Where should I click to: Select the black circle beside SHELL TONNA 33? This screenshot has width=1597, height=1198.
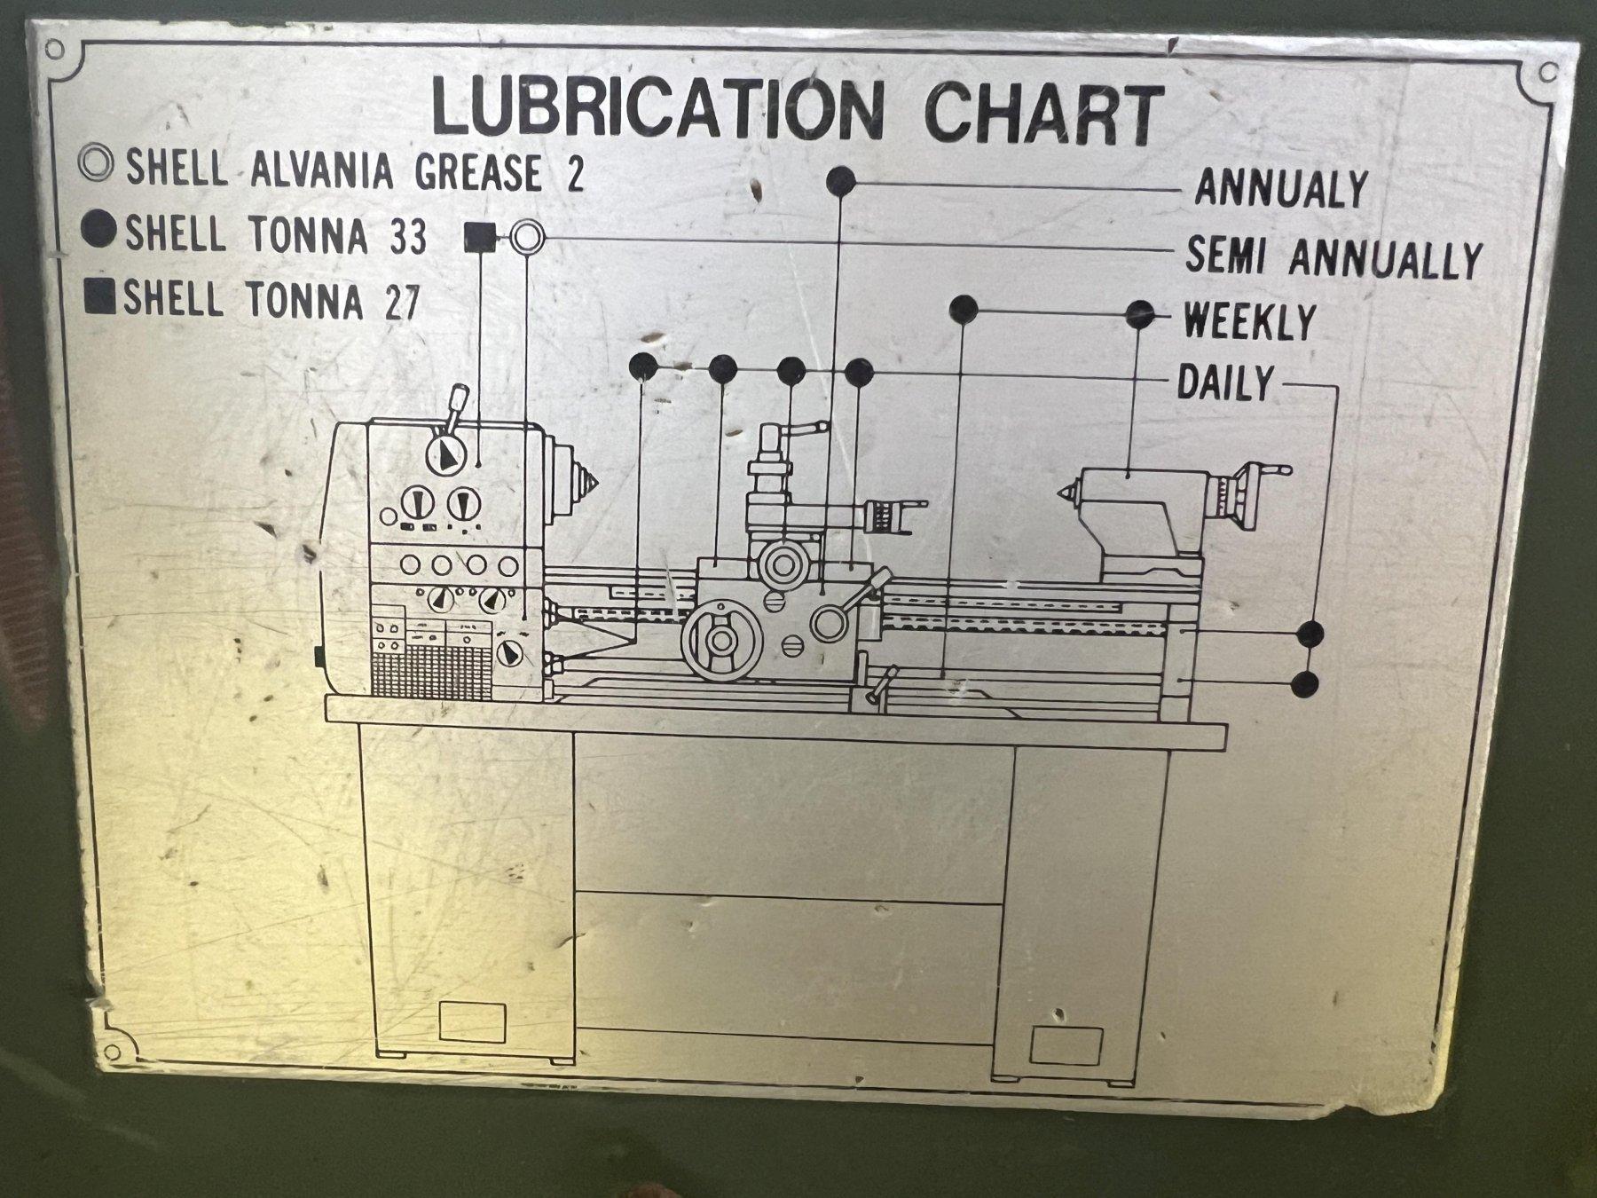coord(98,231)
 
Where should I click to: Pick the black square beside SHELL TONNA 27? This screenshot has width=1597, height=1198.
coord(100,296)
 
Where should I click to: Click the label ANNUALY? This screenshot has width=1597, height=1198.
coord(1280,189)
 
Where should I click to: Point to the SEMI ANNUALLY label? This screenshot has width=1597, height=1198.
coord(1333,257)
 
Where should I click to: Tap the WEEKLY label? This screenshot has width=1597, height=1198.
coord(1249,320)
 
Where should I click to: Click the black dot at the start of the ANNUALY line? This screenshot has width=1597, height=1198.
coord(840,181)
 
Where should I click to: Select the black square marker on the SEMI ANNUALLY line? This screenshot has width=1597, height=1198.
coord(480,237)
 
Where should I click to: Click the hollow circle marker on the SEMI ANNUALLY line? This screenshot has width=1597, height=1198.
coord(527,237)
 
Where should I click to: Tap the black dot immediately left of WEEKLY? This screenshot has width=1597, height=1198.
coord(1140,313)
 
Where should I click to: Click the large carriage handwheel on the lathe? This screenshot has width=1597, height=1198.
coord(721,640)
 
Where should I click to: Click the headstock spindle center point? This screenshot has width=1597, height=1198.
coord(589,485)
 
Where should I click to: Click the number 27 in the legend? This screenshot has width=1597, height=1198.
coord(401,303)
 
